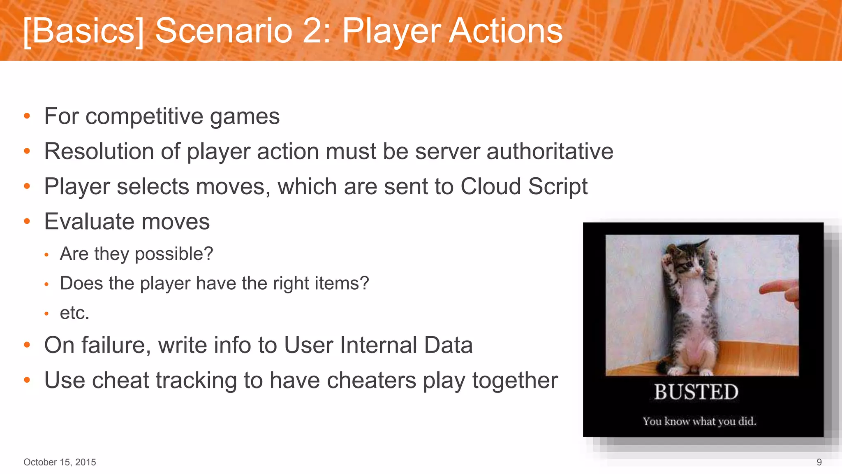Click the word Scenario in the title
tap(223, 31)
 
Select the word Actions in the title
tap(506, 31)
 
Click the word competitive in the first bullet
tap(144, 116)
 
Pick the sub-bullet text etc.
tap(74, 313)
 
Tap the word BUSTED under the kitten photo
tap(696, 392)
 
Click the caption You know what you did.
tap(699, 421)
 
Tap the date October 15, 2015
tap(60, 462)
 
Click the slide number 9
tap(819, 462)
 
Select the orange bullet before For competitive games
tap(27, 116)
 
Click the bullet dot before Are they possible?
tap(47, 255)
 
